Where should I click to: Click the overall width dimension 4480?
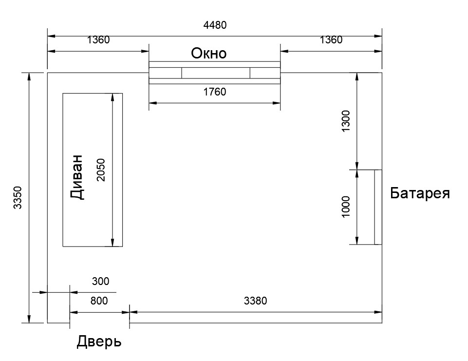tap(215, 25)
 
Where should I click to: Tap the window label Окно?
tap(208, 54)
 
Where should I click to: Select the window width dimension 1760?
tap(215, 92)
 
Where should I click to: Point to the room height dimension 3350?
tap(18, 197)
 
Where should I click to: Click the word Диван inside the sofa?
tap(76, 177)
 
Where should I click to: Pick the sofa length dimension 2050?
tap(101, 170)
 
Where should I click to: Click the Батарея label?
tap(420, 193)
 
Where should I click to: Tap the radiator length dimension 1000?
tap(345, 207)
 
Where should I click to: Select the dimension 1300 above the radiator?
tap(345, 121)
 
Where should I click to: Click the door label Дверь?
tap(99, 342)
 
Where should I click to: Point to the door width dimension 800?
tap(99, 301)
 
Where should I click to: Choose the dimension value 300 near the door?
tap(101, 281)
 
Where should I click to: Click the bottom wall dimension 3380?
tap(256, 301)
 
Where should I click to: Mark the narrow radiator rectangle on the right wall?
tap(378, 207)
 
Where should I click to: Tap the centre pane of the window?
tap(216, 73)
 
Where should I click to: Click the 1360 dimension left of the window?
tap(98, 40)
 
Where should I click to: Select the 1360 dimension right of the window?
tap(331, 40)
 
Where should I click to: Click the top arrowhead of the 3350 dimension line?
tap(29, 76)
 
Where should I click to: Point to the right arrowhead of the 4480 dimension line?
tap(378, 37)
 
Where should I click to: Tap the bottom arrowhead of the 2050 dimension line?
tap(112, 243)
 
